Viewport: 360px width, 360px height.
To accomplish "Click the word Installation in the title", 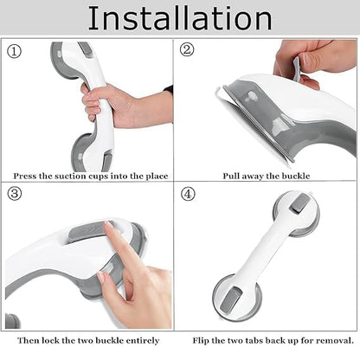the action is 180,18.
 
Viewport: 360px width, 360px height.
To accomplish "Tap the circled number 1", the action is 14,52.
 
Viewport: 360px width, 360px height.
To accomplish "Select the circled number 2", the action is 187,49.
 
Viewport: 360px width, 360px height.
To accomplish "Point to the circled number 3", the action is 15,194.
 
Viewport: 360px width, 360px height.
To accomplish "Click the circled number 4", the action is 188,194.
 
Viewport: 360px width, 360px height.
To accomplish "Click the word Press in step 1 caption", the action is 24,176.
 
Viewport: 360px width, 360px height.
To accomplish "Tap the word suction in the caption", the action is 71,176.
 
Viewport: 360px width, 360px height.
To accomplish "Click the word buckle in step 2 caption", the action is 296,176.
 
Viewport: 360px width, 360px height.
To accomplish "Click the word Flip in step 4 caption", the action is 201,341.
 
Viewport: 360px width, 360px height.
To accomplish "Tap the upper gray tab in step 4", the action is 300,203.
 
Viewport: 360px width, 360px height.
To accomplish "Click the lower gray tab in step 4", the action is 233,299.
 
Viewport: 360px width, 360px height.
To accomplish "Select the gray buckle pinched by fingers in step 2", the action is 297,68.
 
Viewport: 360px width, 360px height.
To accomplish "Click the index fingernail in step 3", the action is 109,225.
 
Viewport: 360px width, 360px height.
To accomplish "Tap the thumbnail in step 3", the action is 101,278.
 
